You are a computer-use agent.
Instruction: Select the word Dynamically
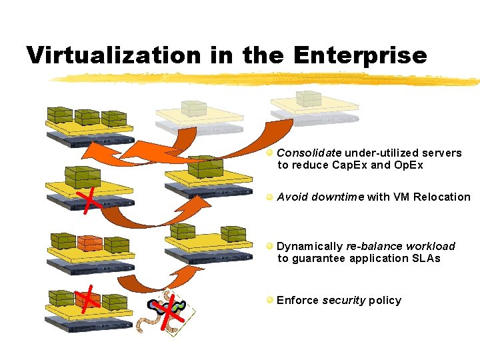309,246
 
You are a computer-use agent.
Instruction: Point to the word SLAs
425,258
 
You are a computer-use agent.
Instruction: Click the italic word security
343,300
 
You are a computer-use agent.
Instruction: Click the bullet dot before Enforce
269,300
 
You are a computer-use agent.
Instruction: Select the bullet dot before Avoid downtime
269,197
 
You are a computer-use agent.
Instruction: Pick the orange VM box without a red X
89,243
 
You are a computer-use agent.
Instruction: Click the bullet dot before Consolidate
269,153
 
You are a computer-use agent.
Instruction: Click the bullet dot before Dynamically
269,246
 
